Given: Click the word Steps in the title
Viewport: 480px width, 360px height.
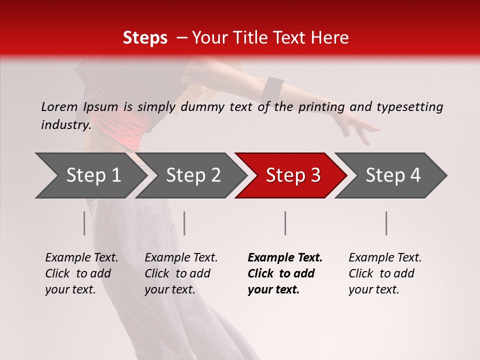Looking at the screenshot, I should point(145,38).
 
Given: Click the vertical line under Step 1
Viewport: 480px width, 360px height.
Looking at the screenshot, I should point(84,223).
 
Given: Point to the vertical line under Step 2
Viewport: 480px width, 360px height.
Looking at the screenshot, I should point(184,223).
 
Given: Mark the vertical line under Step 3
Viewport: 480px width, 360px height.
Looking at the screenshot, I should point(285,223).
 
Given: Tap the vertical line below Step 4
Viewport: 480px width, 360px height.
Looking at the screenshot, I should point(386,223).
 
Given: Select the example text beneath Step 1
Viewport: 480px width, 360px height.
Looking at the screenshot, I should point(81,273).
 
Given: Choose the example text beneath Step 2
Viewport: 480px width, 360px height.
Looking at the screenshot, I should point(181,273).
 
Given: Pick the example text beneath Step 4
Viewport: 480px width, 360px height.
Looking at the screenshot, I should point(385,273).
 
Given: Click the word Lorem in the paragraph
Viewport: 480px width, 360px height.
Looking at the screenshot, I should point(59,106).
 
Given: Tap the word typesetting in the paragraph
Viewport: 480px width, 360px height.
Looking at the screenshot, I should point(409,107).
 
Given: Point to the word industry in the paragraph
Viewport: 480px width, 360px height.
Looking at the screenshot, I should point(65,124).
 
